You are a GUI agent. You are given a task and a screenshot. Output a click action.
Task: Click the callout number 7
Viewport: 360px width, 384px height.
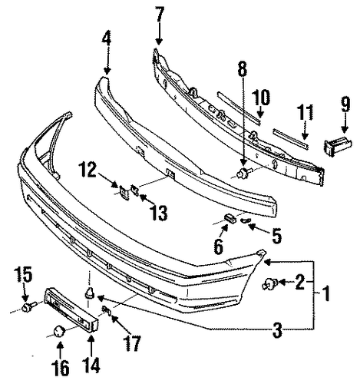(x=160, y=15)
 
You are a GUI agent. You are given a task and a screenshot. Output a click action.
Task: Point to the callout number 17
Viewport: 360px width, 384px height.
(x=132, y=343)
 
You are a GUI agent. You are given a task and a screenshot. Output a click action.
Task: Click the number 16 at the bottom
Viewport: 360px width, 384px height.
(x=61, y=367)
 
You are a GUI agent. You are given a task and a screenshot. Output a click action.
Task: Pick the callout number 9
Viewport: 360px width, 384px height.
(x=345, y=104)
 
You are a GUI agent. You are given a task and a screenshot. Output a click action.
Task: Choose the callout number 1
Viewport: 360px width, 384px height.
(x=325, y=293)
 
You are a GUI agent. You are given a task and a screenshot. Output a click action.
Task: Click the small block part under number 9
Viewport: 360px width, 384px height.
(x=338, y=147)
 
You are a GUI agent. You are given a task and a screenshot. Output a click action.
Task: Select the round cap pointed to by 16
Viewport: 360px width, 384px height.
(x=59, y=331)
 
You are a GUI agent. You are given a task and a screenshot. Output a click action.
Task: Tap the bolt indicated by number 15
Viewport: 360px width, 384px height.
(x=28, y=306)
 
